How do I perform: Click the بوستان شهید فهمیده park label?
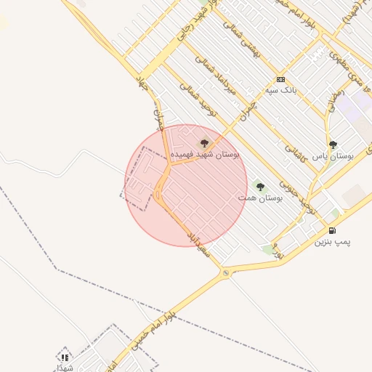[x=206, y=155]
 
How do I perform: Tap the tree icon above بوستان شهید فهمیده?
[x=203, y=142]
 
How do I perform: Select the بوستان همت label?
[x=260, y=198]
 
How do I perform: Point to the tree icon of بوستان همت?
[x=260, y=187]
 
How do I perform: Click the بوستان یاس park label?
[x=333, y=156]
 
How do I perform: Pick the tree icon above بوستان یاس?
[x=333, y=145]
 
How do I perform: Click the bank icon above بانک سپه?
[x=280, y=79]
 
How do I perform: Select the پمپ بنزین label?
[x=331, y=242]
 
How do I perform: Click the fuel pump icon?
[x=331, y=231]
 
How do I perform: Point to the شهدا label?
[x=65, y=368]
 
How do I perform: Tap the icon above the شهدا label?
[x=65, y=357]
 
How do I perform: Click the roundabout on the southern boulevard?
[x=226, y=272]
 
